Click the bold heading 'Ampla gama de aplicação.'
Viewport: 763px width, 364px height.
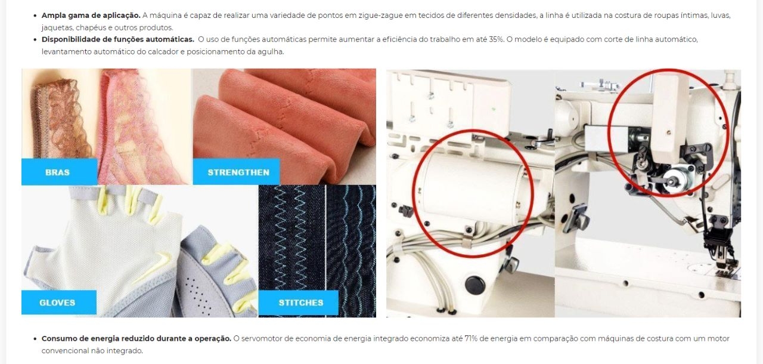pos(91,16)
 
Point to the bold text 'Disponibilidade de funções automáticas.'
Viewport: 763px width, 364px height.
pos(118,39)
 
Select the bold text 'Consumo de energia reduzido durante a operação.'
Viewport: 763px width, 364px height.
pos(137,339)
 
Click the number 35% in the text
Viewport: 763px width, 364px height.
pos(496,39)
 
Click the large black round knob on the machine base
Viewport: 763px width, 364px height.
pos(475,285)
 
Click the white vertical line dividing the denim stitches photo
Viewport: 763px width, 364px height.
pos(326,251)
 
